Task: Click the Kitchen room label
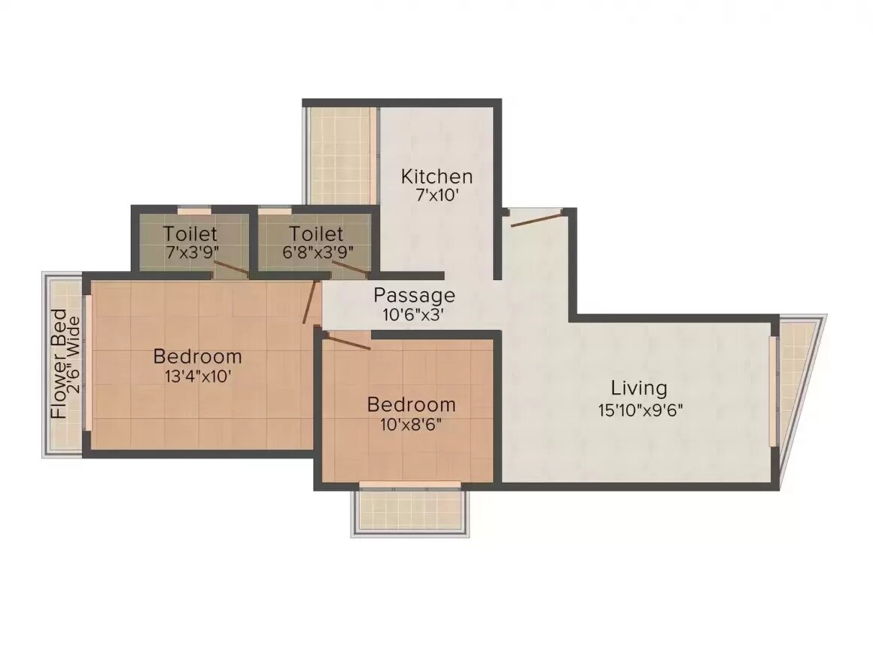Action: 436,177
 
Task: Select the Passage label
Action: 414,295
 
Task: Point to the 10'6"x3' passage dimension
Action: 414,315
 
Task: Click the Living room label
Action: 638,388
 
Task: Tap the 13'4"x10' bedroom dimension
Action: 197,376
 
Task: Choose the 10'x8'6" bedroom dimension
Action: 410,424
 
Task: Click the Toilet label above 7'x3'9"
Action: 190,234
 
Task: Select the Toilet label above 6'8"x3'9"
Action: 316,234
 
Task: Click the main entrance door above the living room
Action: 537,219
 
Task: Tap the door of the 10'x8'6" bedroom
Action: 348,342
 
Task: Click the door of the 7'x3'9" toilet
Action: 230,268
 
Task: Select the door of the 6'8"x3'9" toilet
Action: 348,268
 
